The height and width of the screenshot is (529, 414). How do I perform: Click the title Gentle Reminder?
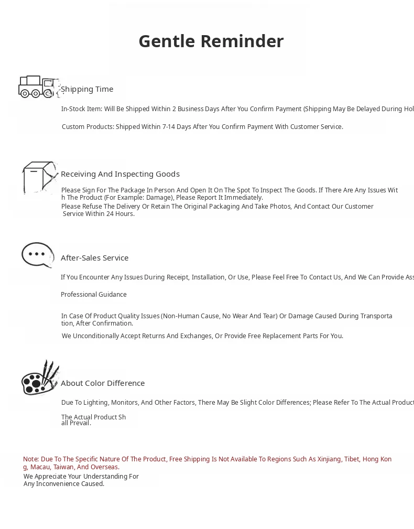point(211,41)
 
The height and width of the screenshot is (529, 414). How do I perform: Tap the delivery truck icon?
point(38,87)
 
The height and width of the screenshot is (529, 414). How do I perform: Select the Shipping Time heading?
point(87,89)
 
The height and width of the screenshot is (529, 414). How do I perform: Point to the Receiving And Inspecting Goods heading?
point(120,174)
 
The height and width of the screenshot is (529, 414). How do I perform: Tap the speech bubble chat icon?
point(37,255)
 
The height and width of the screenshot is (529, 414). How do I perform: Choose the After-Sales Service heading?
point(94,258)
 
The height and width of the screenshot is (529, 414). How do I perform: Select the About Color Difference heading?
point(103,383)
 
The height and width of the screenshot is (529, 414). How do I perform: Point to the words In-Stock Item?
point(81,109)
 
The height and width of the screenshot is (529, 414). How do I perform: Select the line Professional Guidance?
point(94,295)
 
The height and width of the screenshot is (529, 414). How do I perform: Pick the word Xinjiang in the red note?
point(329,459)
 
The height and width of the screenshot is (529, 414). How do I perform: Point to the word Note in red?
point(30,459)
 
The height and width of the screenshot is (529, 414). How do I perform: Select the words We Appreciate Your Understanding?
point(81,477)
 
